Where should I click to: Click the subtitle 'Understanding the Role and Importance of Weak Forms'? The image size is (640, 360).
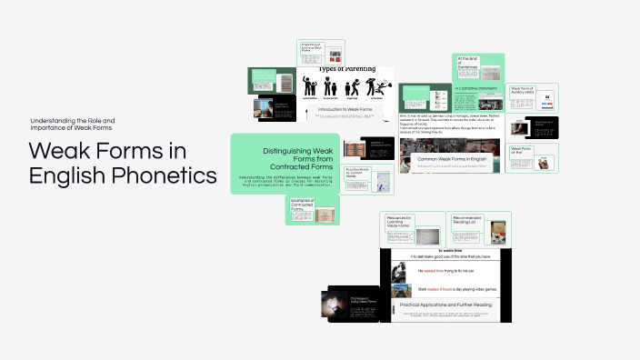click(x=73, y=125)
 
